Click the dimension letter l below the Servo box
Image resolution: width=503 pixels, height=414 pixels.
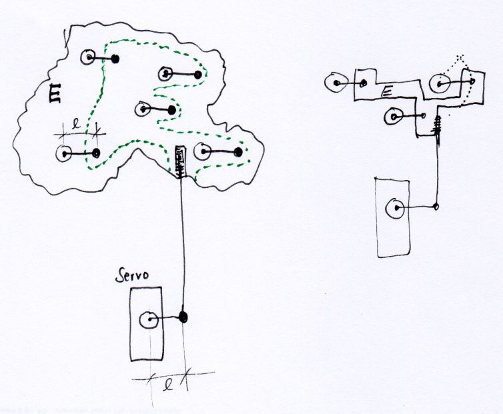[169, 385]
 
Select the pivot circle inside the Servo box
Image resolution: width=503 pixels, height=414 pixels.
[149, 321]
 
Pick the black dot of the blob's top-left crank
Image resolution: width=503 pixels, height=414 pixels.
[115, 59]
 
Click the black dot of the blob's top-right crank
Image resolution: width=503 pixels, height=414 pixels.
[199, 75]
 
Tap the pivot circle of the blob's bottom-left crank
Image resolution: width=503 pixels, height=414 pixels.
[65, 153]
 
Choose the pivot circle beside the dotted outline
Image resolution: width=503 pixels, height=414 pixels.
[441, 84]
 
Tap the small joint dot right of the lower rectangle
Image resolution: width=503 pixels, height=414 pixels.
[437, 206]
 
